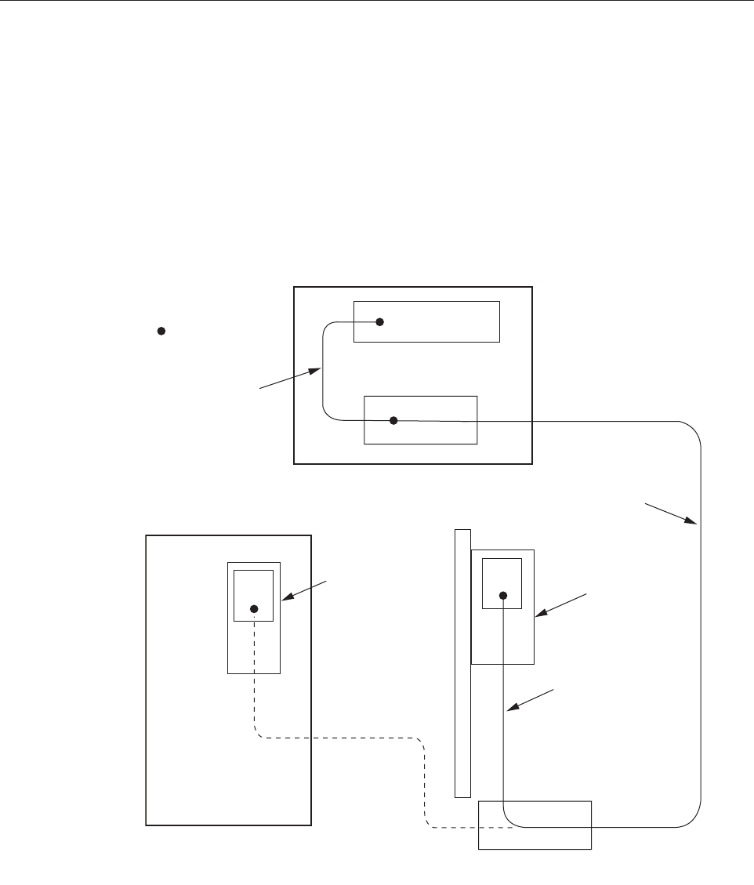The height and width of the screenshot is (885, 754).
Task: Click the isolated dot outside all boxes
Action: click(160, 332)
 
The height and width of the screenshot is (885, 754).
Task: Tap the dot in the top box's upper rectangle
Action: click(379, 321)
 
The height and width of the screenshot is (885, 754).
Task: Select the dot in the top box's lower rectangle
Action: click(394, 421)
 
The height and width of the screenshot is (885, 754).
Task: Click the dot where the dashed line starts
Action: click(253, 608)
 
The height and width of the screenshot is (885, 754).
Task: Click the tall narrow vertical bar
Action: click(462, 662)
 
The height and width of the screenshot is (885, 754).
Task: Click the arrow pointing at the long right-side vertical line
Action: click(671, 511)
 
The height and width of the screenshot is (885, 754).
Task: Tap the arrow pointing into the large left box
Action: click(306, 592)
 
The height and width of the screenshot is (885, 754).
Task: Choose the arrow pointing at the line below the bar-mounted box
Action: click(531, 701)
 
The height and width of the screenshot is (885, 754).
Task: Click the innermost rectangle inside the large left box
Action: click(253, 584)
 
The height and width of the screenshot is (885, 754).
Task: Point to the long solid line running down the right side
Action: click(699, 627)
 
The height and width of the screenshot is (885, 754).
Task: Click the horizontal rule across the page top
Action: click(376, 2)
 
